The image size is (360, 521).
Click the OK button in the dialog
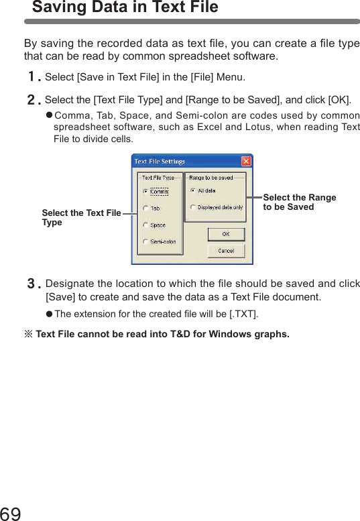click(x=225, y=234)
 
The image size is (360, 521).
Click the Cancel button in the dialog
click(x=225, y=251)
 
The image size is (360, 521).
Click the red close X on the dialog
click(x=246, y=162)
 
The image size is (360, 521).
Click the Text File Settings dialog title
click(x=160, y=162)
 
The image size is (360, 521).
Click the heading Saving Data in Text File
click(x=125, y=8)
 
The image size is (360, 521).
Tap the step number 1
click(x=32, y=78)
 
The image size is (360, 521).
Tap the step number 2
click(x=32, y=101)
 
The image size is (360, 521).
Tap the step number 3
click(x=32, y=284)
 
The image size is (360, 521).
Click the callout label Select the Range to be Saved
click(x=299, y=202)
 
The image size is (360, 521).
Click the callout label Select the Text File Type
click(x=81, y=217)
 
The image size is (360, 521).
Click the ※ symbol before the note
click(x=28, y=334)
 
